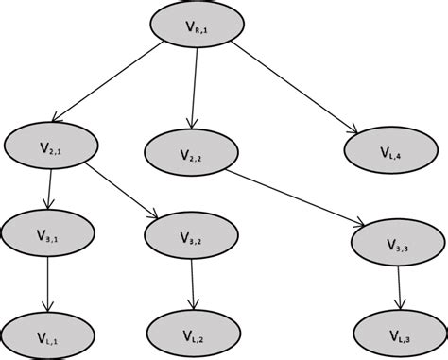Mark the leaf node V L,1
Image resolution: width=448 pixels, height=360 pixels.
tap(47, 335)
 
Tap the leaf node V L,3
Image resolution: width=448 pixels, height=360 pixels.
tap(398, 333)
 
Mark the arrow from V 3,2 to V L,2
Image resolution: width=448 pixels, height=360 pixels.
tap(193, 283)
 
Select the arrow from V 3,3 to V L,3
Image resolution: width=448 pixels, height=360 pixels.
tap(399, 287)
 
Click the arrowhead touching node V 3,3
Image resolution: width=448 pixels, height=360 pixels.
tap(362, 224)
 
